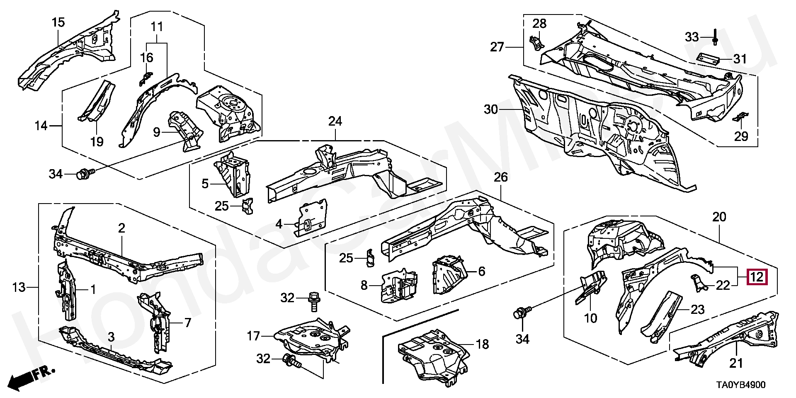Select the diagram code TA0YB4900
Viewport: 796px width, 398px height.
pos(740,385)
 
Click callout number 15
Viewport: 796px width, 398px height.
pos(58,22)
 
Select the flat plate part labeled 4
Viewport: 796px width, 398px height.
pos(311,218)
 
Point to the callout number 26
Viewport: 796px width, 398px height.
pos(500,177)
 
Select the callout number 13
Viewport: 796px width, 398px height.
pos(19,287)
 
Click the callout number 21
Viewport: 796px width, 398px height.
pos(736,364)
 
